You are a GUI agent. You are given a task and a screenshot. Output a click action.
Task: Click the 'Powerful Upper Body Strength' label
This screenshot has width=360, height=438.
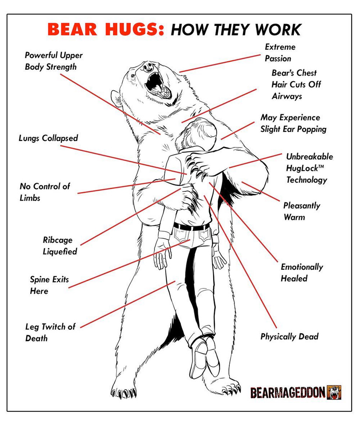(53, 61)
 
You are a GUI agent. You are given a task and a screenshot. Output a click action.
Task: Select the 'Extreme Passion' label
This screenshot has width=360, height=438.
(280, 53)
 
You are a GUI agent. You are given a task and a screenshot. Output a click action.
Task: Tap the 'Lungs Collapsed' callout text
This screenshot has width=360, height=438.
(48, 138)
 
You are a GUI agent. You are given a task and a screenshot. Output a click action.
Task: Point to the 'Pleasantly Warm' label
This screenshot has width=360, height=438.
(302, 211)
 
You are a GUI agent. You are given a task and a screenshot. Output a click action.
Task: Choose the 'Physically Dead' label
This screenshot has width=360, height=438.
(289, 337)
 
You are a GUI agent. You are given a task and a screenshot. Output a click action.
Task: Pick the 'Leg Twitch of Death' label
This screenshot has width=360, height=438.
(50, 332)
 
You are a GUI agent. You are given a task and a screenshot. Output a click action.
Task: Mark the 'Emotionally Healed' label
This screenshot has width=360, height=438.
(302, 272)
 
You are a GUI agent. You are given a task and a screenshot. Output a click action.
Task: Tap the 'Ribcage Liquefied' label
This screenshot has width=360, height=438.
(60, 246)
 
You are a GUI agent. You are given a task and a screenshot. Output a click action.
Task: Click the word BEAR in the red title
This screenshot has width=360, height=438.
(72, 29)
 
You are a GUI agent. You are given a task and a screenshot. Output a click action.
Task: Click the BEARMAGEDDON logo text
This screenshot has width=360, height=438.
(288, 392)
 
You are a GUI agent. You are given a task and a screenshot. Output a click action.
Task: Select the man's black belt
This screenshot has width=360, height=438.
(191, 226)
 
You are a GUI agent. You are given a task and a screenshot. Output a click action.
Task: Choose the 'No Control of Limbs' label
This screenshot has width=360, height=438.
(45, 192)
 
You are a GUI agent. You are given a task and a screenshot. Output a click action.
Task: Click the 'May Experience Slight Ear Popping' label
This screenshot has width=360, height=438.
(293, 124)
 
